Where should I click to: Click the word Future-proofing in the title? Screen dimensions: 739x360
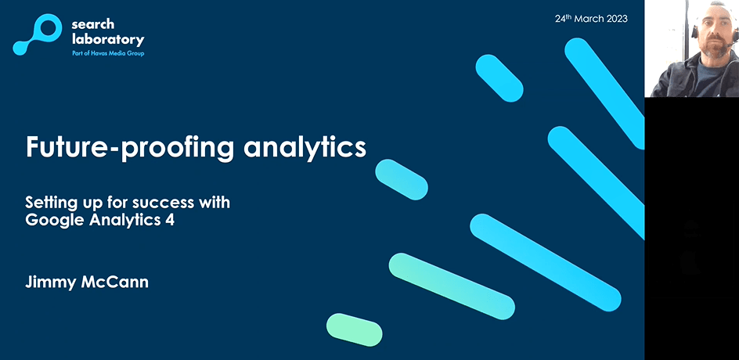130,148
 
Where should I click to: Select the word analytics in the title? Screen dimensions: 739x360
305,148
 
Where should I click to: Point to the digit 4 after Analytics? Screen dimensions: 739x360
170,220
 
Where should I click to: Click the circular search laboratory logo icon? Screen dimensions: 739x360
38,34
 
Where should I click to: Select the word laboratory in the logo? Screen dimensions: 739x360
108,40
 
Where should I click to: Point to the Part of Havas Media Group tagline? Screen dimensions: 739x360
108,54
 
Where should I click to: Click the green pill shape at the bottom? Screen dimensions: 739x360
355,329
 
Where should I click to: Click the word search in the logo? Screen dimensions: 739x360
93,24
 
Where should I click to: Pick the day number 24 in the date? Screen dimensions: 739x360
560,20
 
